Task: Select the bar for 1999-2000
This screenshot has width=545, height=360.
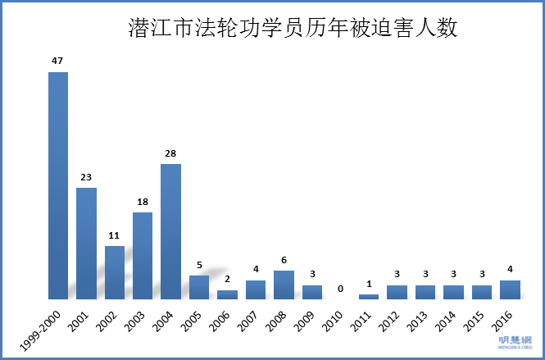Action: (58, 185)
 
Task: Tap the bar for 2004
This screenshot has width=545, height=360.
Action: (170, 231)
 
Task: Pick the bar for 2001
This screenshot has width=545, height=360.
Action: (86, 244)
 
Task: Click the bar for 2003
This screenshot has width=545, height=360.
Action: (143, 256)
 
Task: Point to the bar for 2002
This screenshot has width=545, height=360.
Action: (115, 272)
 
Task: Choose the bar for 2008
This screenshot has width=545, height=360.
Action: (284, 285)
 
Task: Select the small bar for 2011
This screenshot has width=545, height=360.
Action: (369, 296)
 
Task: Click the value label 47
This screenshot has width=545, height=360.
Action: (58, 60)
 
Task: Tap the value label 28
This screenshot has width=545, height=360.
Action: (170, 153)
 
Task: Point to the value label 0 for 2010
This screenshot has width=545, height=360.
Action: (340, 288)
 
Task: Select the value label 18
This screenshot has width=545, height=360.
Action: (143, 201)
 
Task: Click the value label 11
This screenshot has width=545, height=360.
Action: (115, 235)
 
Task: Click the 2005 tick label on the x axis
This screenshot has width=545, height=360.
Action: (192, 320)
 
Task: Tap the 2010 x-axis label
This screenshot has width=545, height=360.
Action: (333, 320)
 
